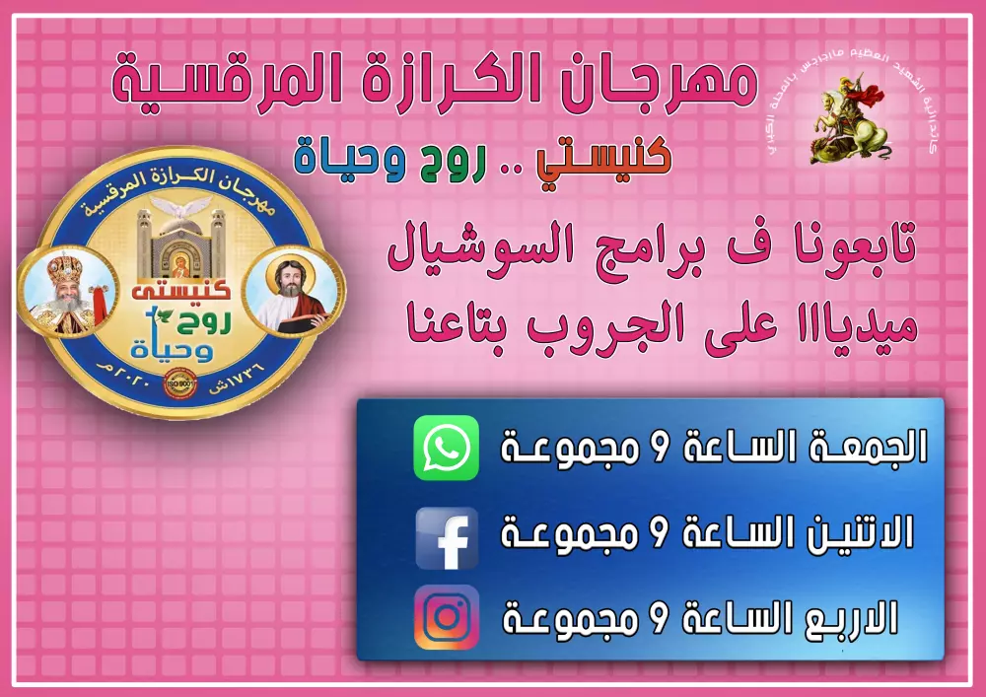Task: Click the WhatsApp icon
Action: click(x=446, y=448)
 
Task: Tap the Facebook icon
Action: click(x=446, y=537)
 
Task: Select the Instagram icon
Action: click(x=446, y=617)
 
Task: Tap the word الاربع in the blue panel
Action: click(x=851, y=619)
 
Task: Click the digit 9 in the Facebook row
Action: click(x=660, y=535)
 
